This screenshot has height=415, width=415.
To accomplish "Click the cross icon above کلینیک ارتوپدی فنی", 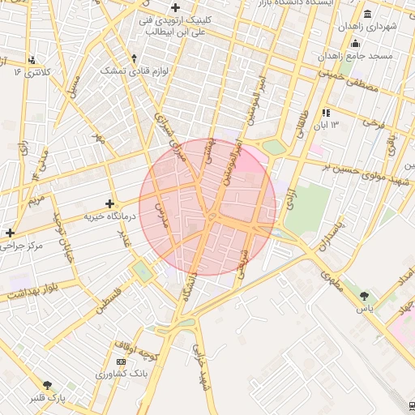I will click(174, 7).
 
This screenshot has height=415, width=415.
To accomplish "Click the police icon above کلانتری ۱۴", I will click(31, 60).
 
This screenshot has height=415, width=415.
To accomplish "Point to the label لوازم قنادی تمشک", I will click(134, 71).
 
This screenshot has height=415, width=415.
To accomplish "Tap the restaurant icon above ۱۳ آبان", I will click(326, 113).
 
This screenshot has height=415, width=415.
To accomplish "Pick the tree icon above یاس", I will click(364, 296).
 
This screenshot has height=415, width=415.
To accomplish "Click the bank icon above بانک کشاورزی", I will click(122, 361).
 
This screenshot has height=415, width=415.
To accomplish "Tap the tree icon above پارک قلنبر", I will click(48, 385).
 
